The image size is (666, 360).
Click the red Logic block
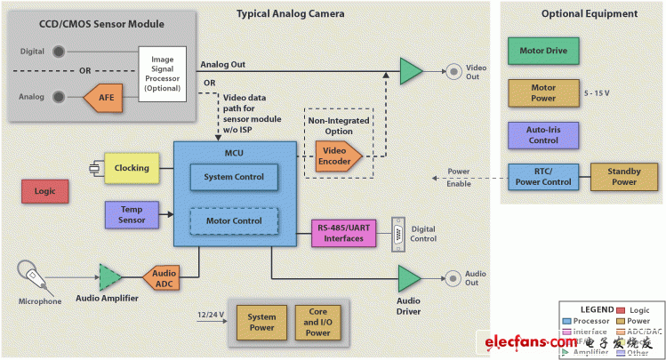pos(45,191)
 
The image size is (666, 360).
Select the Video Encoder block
pos(334,157)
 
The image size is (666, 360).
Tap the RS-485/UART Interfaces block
pos(343,233)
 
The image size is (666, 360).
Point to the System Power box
pos(261,324)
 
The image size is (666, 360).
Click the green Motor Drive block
pos(542,49)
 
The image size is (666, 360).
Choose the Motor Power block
pos(542,93)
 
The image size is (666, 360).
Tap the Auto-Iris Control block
pos(542,135)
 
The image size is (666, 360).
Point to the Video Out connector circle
pos(453,69)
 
